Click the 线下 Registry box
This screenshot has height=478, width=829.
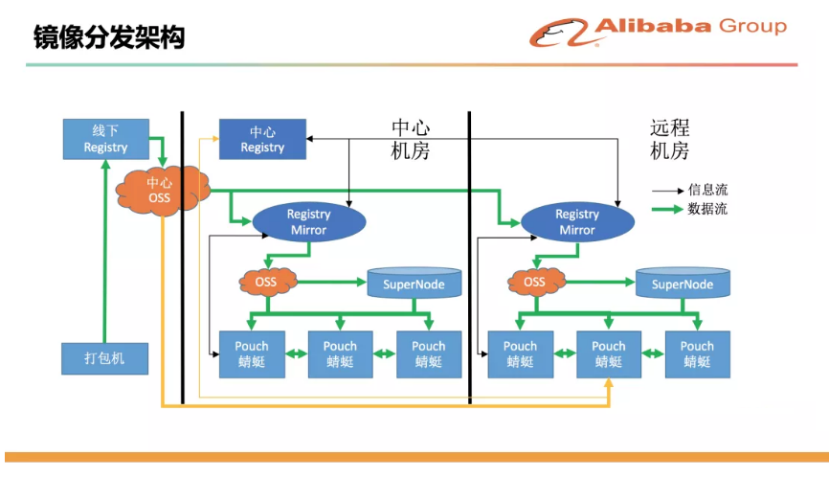(x=105, y=139)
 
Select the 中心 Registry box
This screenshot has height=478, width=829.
(x=262, y=139)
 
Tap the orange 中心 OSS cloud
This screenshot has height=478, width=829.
(x=161, y=191)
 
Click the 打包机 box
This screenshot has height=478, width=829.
(x=104, y=358)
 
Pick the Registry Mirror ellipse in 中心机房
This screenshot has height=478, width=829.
(x=309, y=221)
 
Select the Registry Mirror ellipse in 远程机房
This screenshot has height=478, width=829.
(x=577, y=221)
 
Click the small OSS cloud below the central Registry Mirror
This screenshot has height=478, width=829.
(x=267, y=282)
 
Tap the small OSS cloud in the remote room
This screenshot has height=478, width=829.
(x=535, y=282)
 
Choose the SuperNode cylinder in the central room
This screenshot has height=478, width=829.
(x=414, y=283)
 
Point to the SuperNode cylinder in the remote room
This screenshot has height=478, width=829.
(x=683, y=283)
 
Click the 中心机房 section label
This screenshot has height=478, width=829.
(x=411, y=139)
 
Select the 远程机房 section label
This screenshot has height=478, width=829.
(x=669, y=139)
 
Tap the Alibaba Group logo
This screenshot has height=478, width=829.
(x=659, y=32)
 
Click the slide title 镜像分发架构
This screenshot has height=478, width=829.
(x=109, y=37)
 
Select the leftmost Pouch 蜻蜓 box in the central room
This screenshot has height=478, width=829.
(x=252, y=354)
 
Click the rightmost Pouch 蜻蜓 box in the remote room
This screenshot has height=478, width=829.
(x=697, y=354)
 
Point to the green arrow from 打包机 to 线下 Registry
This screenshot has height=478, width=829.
(x=105, y=251)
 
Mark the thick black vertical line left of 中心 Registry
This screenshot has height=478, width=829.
(x=183, y=258)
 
